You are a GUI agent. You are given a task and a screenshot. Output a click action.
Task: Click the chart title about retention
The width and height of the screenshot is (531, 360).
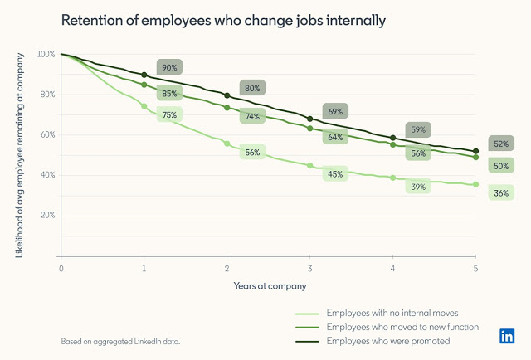click(222, 20)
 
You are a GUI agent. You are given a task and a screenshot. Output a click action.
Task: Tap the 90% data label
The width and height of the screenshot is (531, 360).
click(169, 67)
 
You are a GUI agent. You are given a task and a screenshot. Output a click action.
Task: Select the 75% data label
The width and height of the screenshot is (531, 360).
click(169, 114)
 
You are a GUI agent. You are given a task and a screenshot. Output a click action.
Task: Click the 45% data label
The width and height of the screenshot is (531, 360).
click(335, 174)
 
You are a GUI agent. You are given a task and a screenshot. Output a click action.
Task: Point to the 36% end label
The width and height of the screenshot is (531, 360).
click(501, 193)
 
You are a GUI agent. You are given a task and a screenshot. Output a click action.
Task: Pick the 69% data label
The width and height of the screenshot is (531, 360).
click(335, 111)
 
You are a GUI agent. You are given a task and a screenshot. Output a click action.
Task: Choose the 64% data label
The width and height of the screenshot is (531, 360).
click(335, 137)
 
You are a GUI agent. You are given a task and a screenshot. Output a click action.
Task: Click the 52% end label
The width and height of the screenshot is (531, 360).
click(501, 144)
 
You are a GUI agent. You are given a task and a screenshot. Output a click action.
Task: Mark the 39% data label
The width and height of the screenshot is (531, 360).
click(418, 187)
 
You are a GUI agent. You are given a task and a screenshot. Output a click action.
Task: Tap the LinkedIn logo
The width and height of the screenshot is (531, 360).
click(506, 336)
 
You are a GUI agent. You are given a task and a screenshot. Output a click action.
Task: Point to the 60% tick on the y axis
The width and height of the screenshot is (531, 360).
click(46, 134)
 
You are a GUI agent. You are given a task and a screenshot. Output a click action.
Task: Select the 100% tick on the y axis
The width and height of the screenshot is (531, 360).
click(46, 55)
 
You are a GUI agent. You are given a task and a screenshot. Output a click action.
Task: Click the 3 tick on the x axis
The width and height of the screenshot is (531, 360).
click(309, 270)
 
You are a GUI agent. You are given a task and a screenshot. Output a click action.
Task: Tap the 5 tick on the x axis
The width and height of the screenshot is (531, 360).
click(475, 270)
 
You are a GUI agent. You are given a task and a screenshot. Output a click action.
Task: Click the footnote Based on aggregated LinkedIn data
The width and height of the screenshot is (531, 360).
click(119, 341)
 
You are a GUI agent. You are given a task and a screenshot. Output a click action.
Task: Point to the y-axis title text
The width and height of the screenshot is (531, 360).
click(20, 153)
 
